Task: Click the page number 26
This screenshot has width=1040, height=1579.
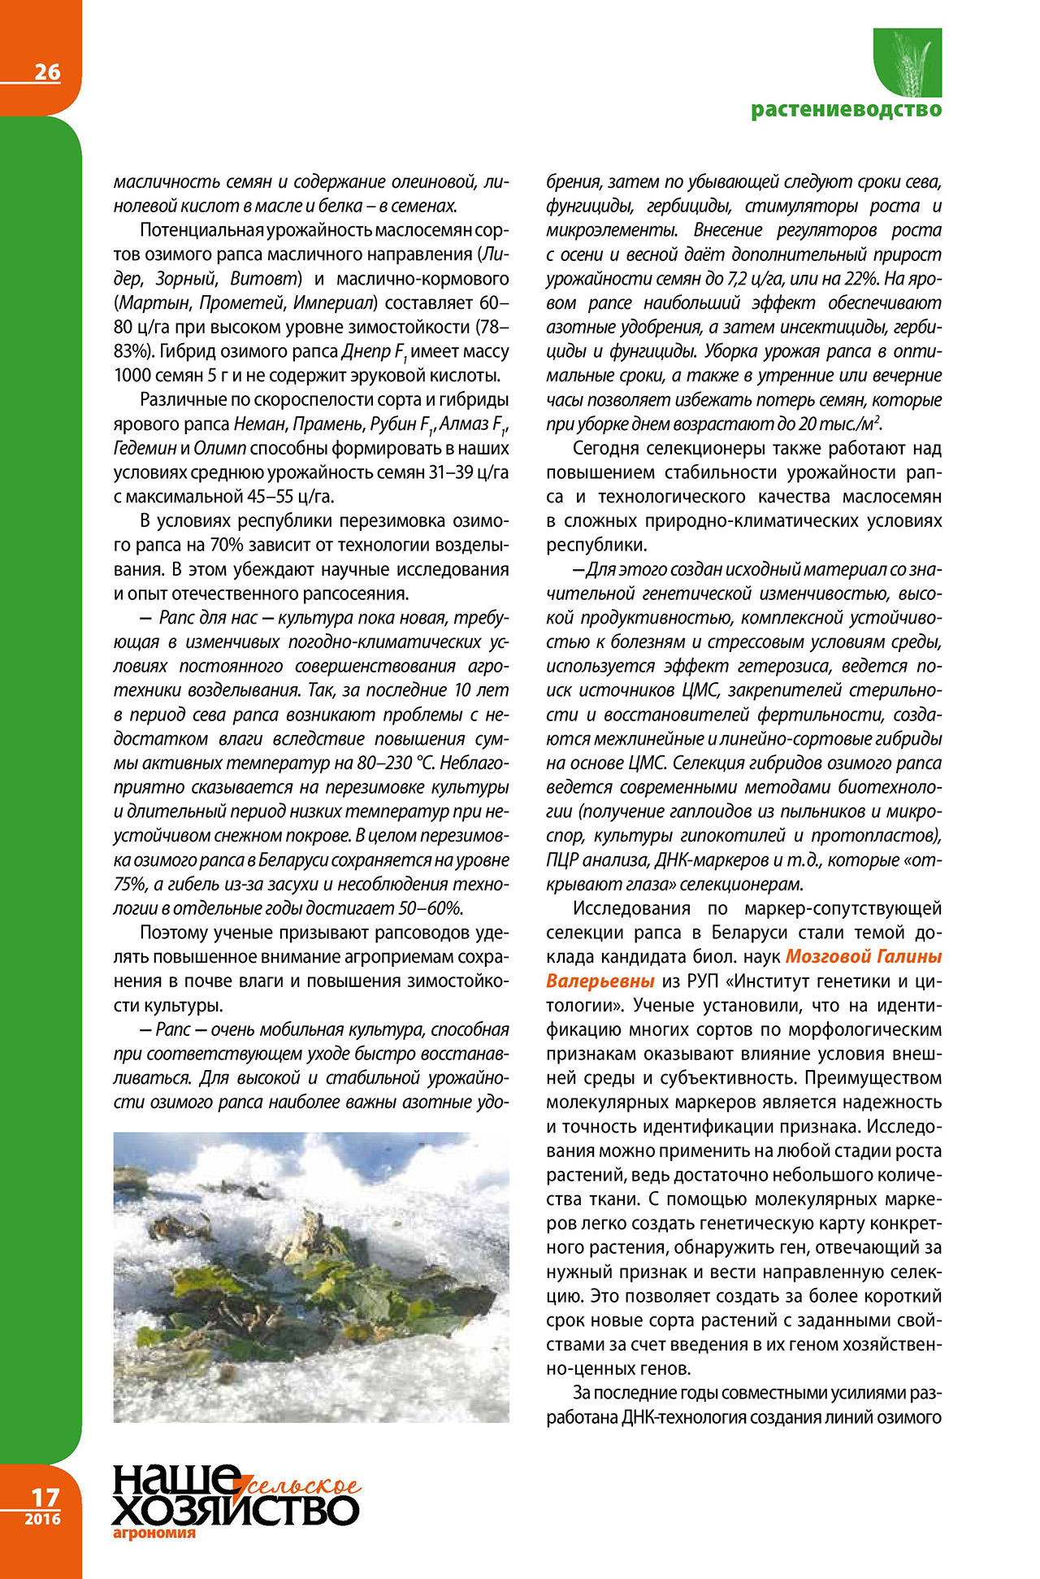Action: click(47, 72)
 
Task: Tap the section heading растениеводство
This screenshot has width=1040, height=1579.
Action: click(846, 109)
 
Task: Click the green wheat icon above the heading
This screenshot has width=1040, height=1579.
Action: click(908, 63)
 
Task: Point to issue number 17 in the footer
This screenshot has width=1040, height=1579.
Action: click(45, 1497)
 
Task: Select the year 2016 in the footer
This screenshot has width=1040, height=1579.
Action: click(42, 1519)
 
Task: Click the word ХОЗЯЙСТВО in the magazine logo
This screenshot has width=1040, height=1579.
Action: click(236, 1511)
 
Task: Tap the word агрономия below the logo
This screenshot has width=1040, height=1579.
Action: click(154, 1533)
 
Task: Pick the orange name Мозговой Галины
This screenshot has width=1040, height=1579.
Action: click(864, 957)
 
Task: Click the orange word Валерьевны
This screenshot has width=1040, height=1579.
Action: click(600, 981)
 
